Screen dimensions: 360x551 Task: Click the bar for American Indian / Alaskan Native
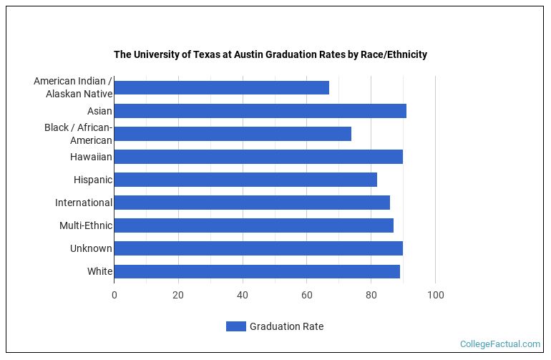point(221,88)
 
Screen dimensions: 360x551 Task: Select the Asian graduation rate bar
point(260,111)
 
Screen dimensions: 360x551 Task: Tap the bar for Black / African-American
point(233,134)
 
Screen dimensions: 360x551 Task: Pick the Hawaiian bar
point(258,157)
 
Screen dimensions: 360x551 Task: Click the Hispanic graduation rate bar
point(245,180)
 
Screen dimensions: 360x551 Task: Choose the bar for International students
point(252,203)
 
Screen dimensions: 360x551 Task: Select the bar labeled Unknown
point(258,248)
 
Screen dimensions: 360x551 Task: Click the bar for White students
point(257,271)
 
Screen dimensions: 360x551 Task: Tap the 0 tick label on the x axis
point(114,294)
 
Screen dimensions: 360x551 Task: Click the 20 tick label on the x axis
point(178,294)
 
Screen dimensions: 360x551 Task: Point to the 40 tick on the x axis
point(243,294)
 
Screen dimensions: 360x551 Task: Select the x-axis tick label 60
point(307,294)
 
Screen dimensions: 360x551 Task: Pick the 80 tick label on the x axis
point(371,294)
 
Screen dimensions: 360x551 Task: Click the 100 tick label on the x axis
point(435,294)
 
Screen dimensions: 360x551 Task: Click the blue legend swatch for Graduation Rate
point(236,326)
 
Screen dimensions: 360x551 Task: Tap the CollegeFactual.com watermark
point(499,344)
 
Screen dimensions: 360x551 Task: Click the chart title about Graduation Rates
point(270,54)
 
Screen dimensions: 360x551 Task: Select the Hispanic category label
point(92,180)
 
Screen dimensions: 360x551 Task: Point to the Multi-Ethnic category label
point(86,225)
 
